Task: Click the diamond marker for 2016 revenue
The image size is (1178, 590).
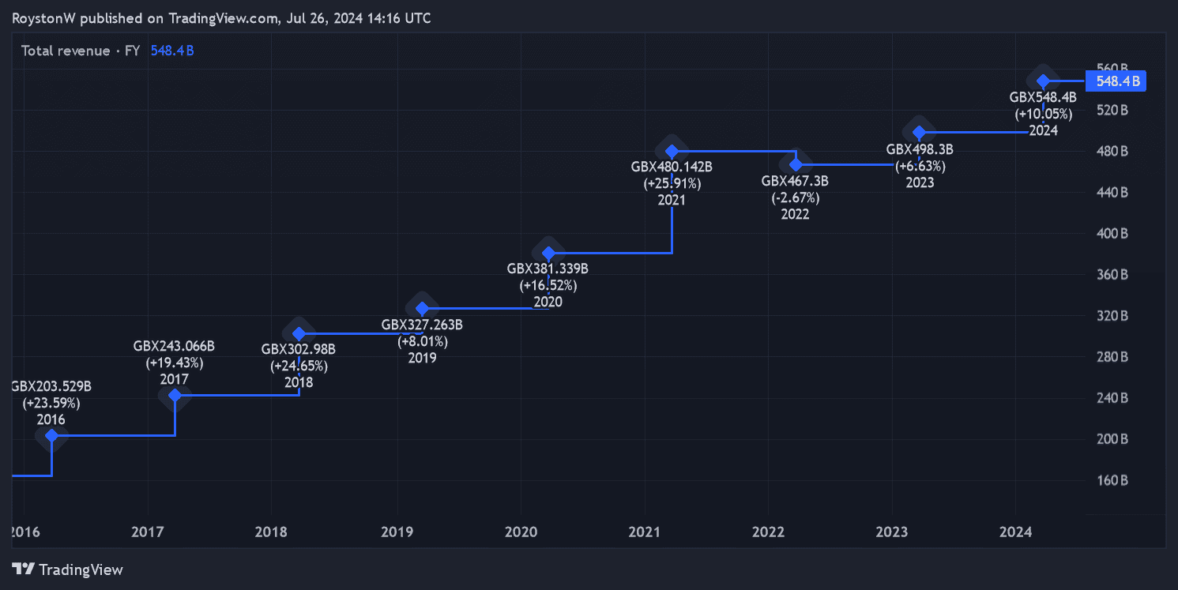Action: [51, 435]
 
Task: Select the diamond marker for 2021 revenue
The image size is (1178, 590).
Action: [672, 151]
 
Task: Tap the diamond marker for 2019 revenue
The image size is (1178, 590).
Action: [422, 308]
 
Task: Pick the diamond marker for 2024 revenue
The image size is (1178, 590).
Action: [1043, 81]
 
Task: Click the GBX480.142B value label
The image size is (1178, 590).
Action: [672, 167]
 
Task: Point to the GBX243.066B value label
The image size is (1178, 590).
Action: [174, 346]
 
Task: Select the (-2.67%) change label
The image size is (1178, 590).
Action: [795, 197]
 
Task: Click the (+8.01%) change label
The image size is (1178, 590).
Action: [422, 341]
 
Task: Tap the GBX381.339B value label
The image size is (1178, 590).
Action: [548, 269]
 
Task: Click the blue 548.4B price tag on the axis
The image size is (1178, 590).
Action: [1115, 81]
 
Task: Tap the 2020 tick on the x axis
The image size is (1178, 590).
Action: [521, 532]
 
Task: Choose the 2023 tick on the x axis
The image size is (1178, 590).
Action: [892, 532]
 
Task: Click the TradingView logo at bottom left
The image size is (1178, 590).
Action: [68, 569]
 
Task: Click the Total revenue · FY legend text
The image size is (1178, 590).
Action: [81, 51]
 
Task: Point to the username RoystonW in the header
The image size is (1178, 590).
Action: [44, 18]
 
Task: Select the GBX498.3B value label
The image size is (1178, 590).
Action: [920, 148]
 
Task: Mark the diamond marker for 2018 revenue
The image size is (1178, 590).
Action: [299, 333]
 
